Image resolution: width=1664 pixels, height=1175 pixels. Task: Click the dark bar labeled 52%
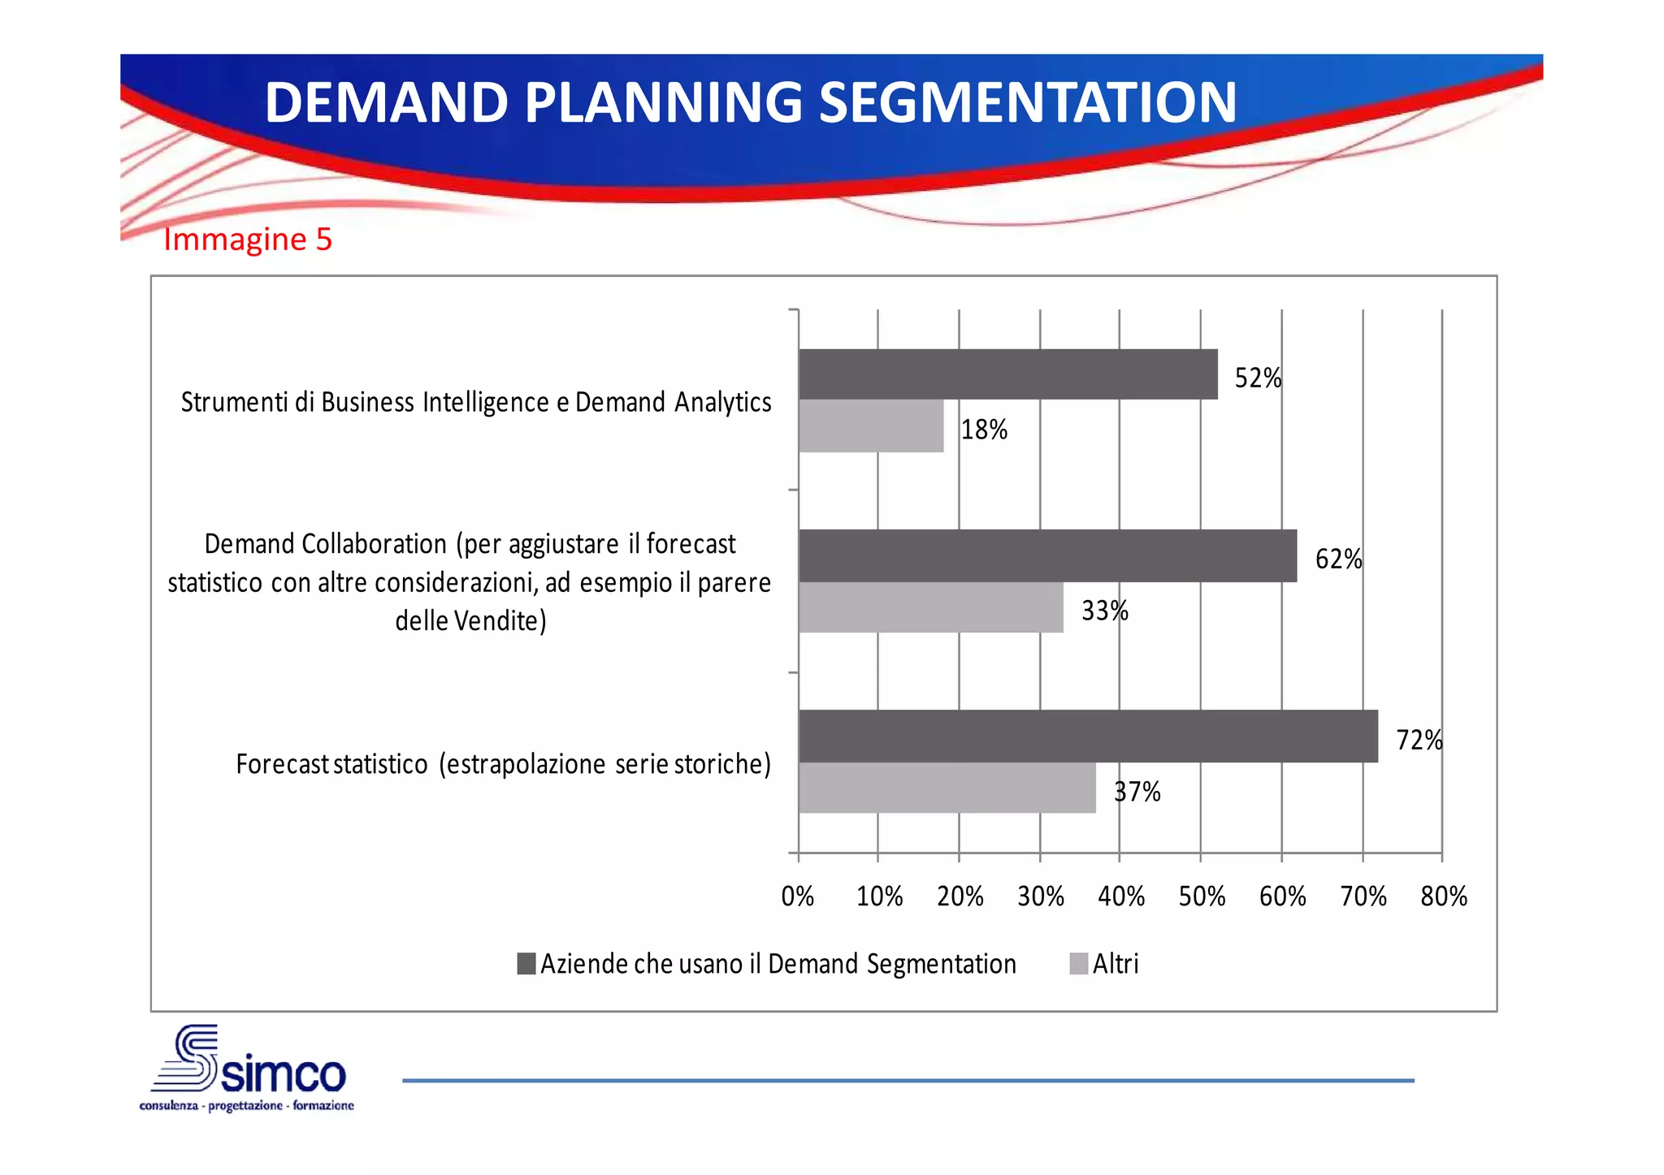(1007, 374)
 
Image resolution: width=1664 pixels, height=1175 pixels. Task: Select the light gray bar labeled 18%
(871, 426)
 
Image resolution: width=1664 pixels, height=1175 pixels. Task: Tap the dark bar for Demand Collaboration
(1047, 555)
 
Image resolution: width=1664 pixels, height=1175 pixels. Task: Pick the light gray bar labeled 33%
(931, 607)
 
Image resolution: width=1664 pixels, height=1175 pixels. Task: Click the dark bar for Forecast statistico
(1088, 736)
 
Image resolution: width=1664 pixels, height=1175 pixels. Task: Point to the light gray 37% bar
(947, 788)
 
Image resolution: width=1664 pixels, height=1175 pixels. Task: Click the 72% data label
(1419, 740)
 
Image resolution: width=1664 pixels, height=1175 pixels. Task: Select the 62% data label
(1338, 559)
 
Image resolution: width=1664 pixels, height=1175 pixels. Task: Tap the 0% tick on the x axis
(798, 896)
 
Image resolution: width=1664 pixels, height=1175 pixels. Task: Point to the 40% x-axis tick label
(1121, 896)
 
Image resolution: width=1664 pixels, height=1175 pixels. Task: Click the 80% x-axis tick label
(1444, 896)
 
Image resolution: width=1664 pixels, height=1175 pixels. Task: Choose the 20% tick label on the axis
(960, 896)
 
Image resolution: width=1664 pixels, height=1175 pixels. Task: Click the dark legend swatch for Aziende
(526, 964)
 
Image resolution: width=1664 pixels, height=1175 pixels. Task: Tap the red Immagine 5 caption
(248, 240)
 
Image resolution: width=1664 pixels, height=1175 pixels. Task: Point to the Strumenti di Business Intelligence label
(476, 402)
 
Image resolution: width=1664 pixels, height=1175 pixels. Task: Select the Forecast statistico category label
(503, 764)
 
